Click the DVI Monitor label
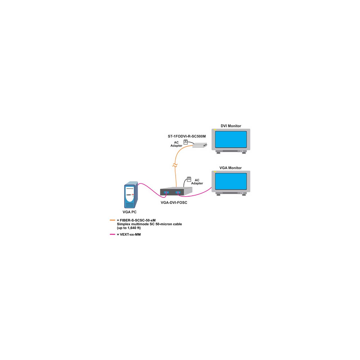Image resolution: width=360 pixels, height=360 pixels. click(x=231, y=126)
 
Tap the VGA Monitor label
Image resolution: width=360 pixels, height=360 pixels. click(x=230, y=168)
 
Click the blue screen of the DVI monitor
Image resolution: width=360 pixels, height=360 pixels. click(x=231, y=139)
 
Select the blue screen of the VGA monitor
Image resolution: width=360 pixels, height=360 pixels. click(x=231, y=181)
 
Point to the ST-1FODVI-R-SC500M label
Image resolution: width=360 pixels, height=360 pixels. click(x=187, y=136)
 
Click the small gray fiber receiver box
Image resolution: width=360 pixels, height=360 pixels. click(x=200, y=145)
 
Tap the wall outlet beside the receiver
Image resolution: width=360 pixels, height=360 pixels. click(x=186, y=142)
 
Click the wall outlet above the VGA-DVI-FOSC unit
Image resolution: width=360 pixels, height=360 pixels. click(x=189, y=179)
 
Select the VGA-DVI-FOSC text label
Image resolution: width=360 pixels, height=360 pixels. click(x=174, y=202)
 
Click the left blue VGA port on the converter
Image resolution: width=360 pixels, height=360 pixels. click(x=166, y=192)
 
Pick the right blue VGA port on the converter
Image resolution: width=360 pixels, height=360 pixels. click(x=178, y=192)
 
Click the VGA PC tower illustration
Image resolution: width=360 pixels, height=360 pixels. click(x=131, y=195)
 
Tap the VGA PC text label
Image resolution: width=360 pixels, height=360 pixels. click(x=129, y=212)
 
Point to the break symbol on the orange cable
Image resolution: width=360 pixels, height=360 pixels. click(x=175, y=165)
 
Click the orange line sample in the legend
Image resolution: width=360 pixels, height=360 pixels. click(x=112, y=220)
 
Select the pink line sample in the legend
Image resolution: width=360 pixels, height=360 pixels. click(x=112, y=234)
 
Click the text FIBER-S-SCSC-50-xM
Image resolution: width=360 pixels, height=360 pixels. click(x=138, y=220)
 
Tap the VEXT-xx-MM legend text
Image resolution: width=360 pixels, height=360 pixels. click(x=130, y=235)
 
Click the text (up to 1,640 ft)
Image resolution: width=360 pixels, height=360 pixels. click(x=129, y=228)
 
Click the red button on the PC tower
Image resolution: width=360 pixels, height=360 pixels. click(x=133, y=195)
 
